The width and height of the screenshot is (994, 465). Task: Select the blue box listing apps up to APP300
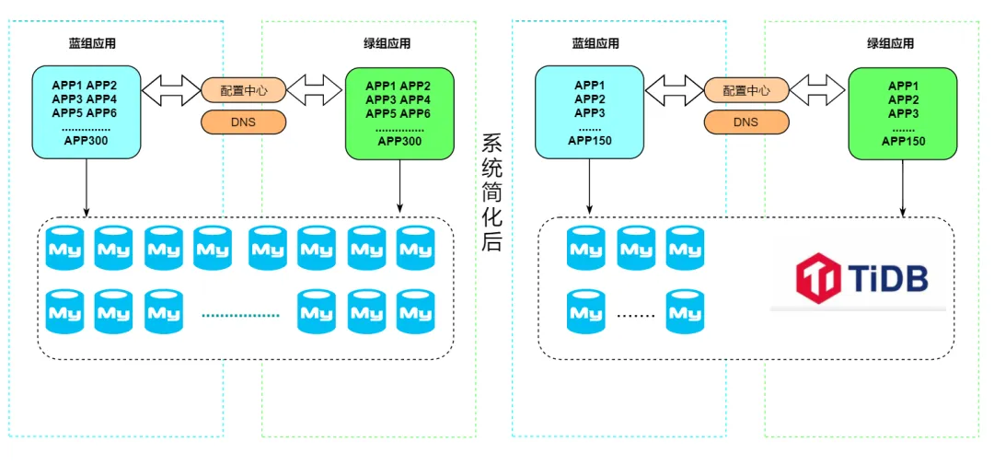[87, 110]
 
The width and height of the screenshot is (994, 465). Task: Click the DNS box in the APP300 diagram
[243, 122]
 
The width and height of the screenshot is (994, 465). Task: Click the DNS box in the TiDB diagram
[745, 122]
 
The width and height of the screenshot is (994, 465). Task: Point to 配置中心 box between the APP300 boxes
[243, 90]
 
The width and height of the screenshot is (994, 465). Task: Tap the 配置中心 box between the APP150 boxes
[745, 90]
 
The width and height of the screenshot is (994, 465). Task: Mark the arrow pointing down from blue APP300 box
[87, 188]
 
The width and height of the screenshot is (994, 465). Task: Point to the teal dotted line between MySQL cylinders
[239, 315]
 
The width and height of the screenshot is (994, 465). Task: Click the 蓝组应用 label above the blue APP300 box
[92, 43]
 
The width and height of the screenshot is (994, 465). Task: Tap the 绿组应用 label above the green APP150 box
[890, 43]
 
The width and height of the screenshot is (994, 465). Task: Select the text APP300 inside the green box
[399, 141]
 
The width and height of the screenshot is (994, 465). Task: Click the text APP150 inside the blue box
[590, 141]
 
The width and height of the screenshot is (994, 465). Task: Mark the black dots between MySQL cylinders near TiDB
[634, 315]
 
